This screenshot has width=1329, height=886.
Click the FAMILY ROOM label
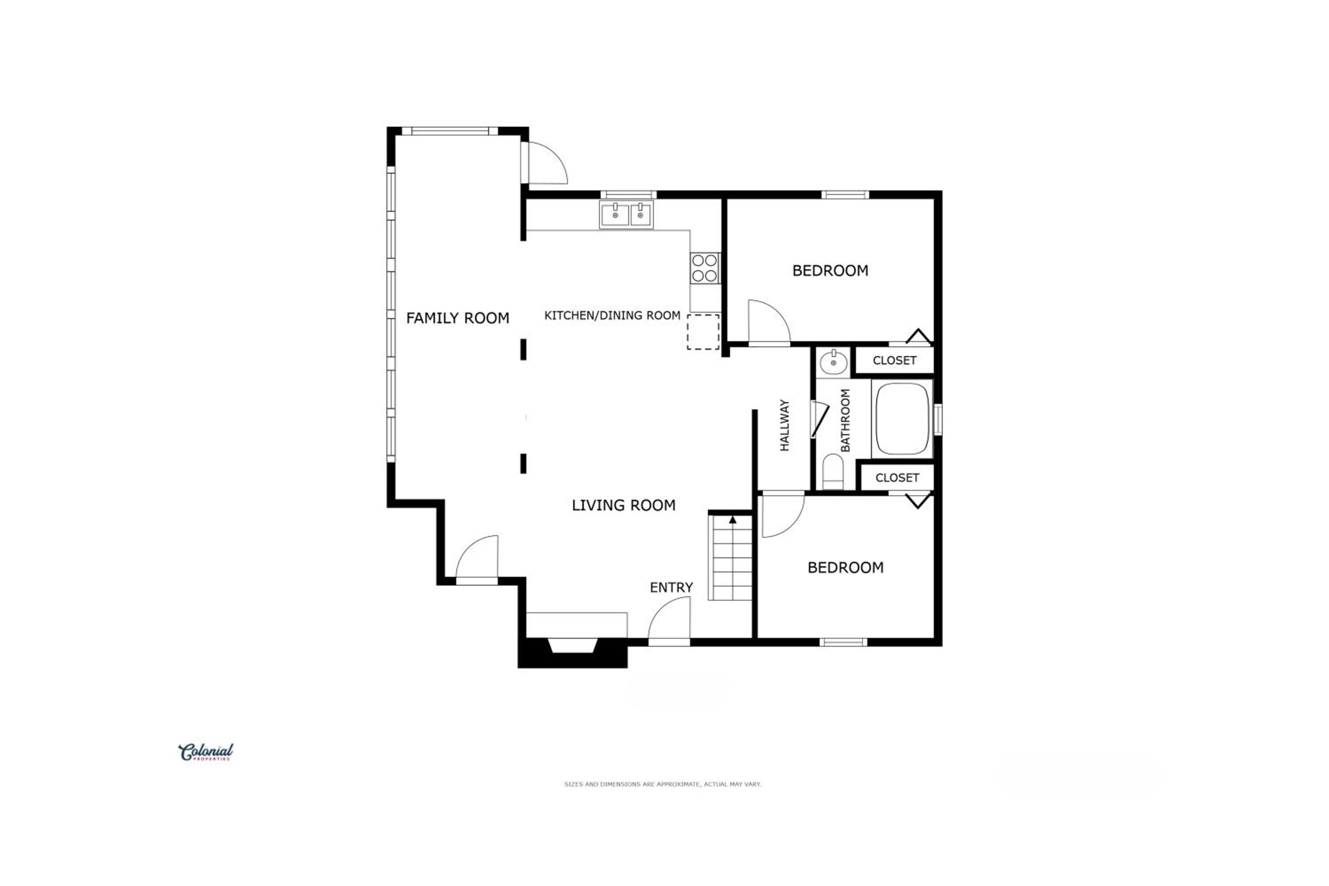(458, 318)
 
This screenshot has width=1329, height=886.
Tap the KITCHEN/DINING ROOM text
(612, 315)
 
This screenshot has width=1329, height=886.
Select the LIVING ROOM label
(623, 505)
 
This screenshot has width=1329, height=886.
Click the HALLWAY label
(784, 425)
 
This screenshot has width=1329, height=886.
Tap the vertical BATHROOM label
(845, 420)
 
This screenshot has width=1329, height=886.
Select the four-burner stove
(705, 268)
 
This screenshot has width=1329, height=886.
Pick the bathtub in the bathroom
(902, 419)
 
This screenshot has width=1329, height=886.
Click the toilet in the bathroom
(833, 471)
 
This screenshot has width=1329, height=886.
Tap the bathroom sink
(833, 362)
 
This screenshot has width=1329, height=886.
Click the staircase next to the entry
(731, 557)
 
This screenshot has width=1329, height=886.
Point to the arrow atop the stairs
(733, 520)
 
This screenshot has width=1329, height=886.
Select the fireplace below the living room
(572, 653)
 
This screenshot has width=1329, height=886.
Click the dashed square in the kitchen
(703, 332)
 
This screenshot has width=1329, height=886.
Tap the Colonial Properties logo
(206, 752)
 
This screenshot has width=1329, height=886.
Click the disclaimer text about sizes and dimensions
(662, 784)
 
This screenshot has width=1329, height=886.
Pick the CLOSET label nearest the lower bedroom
(898, 478)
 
